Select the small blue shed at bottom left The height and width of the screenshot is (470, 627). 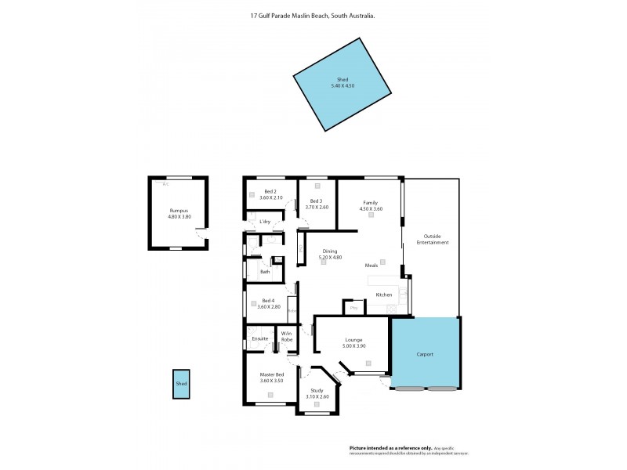181,384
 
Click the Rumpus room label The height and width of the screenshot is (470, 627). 179,211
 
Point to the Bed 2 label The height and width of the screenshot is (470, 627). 270,192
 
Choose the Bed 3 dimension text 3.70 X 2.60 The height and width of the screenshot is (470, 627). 317,207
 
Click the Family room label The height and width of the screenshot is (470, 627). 371,203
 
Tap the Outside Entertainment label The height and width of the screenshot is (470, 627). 436,239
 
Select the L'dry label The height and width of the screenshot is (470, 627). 265,223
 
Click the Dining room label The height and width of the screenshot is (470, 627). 330,251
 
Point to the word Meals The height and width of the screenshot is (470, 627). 371,266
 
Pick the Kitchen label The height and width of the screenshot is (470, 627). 383,295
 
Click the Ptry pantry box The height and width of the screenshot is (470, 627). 353,307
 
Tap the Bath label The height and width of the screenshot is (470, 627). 265,272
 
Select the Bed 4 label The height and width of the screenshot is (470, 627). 269,301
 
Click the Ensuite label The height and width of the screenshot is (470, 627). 260,338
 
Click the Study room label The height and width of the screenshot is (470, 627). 317,391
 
